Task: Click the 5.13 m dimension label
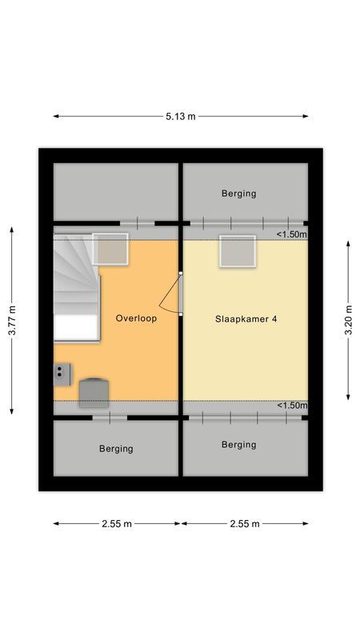click(x=181, y=116)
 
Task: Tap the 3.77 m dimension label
click(x=11, y=320)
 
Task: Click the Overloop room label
click(x=136, y=318)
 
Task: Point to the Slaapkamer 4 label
click(x=246, y=318)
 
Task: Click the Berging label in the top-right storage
click(x=239, y=194)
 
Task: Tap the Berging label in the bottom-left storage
click(x=116, y=449)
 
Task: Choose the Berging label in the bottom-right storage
click(x=239, y=445)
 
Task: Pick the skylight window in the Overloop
click(x=110, y=249)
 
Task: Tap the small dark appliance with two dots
click(x=62, y=373)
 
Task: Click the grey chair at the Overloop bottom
click(x=94, y=392)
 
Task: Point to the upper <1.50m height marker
click(x=291, y=234)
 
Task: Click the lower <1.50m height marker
click(x=291, y=406)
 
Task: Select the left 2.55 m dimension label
click(x=116, y=524)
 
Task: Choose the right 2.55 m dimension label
click(x=244, y=524)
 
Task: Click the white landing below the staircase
click(x=75, y=327)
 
